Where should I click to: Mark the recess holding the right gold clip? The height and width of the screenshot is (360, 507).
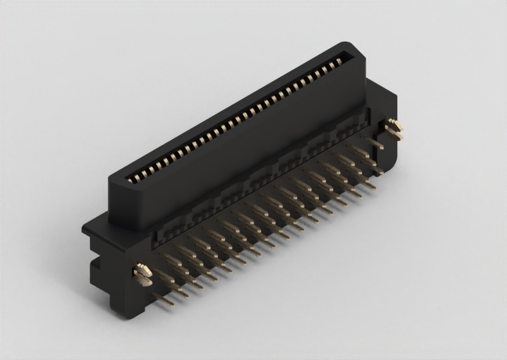click(x=388, y=127)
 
